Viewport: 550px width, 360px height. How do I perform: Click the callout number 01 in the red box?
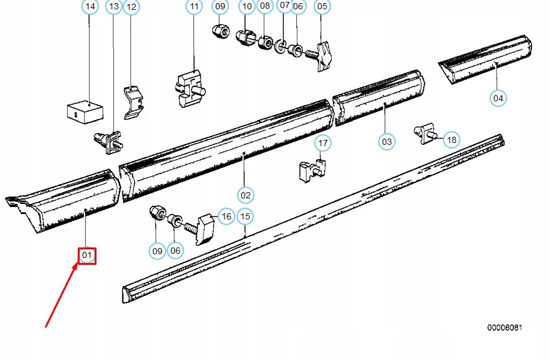pyautogui.click(x=87, y=255)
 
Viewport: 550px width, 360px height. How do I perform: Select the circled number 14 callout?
pyautogui.click(x=90, y=7)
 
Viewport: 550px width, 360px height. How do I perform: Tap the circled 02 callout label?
pyautogui.click(x=246, y=195)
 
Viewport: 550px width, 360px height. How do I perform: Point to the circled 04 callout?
pyautogui.click(x=498, y=98)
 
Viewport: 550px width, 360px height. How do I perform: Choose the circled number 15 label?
pyautogui.click(x=246, y=216)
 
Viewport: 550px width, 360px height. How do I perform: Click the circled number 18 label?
pyautogui.click(x=452, y=140)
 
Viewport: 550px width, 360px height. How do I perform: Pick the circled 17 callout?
pyautogui.click(x=322, y=144)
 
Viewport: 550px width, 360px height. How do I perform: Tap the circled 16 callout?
pyautogui.click(x=225, y=216)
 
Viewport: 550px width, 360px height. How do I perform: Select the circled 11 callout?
pyautogui.click(x=195, y=7)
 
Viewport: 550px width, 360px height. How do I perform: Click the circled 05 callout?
pyautogui.click(x=322, y=7)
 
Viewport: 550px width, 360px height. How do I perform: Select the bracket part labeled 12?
pyautogui.click(x=133, y=101)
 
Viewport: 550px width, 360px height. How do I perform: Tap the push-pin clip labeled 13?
pyautogui.click(x=108, y=142)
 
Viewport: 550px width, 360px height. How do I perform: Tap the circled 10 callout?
pyautogui.click(x=247, y=7)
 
